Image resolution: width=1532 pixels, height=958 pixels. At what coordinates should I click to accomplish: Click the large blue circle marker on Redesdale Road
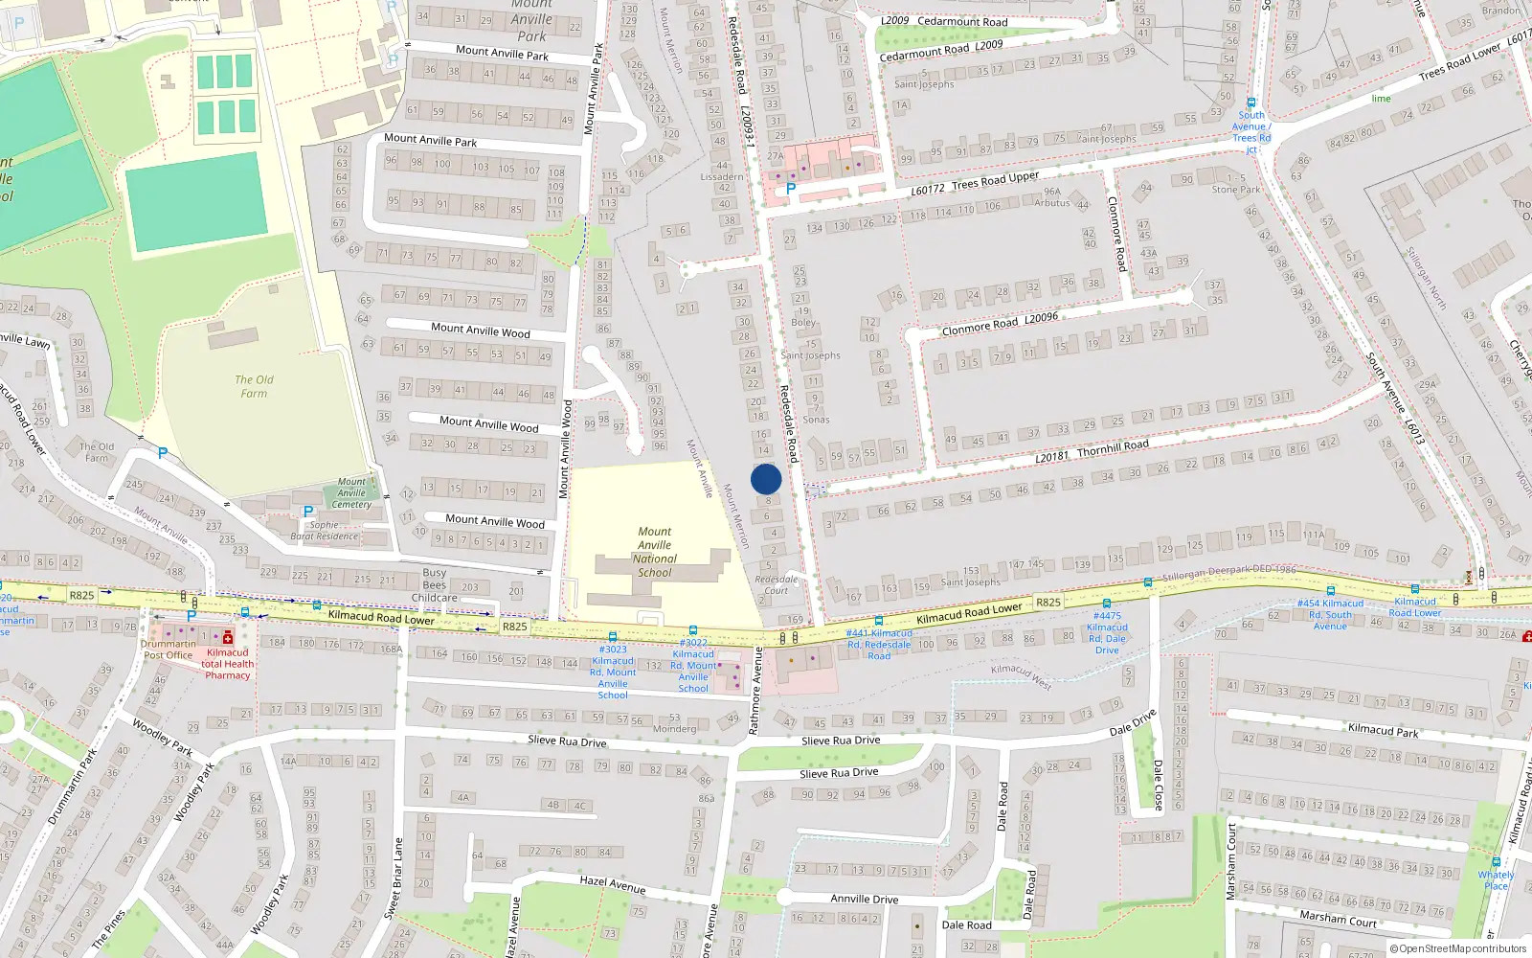(x=766, y=479)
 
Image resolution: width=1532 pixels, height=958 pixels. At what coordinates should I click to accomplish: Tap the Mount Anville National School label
(x=655, y=552)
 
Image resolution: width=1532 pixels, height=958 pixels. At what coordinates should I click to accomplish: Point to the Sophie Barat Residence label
(x=324, y=531)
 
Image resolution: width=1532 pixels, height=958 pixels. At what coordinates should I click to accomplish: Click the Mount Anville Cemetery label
(x=351, y=493)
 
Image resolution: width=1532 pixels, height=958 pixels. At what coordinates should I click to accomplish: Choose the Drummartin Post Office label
(x=168, y=650)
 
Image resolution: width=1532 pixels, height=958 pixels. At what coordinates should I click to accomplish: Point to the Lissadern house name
(x=722, y=177)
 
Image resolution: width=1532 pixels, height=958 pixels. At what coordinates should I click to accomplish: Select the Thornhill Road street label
(x=1113, y=446)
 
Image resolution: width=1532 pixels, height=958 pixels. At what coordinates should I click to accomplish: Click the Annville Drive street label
(x=864, y=899)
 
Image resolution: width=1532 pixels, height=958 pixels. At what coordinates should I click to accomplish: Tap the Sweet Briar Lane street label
(x=394, y=878)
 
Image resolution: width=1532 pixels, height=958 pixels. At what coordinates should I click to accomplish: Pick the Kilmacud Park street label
(x=1383, y=730)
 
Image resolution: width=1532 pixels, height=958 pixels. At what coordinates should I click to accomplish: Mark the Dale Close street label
(x=1158, y=785)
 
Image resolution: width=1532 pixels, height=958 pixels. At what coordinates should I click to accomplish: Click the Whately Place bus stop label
(x=1496, y=880)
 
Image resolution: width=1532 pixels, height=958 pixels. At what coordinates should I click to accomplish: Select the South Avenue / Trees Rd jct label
(x=1250, y=132)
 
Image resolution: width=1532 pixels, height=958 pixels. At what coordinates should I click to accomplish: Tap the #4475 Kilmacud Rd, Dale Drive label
(x=1107, y=633)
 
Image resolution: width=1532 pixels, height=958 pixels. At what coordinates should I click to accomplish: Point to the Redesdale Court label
(x=776, y=584)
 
